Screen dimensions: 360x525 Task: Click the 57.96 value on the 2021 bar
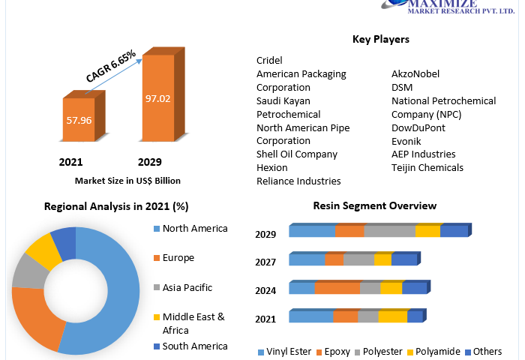point(78,120)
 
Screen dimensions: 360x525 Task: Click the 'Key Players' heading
point(380,39)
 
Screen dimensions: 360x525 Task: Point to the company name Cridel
point(269,61)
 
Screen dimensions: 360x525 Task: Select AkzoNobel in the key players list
point(415,74)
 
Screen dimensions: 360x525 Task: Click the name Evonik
point(406,141)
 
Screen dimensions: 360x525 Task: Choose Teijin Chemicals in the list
point(427,167)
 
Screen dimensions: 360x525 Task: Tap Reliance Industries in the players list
point(298,181)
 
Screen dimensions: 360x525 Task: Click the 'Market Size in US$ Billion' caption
point(127,181)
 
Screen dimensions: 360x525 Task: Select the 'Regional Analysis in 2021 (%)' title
point(116,206)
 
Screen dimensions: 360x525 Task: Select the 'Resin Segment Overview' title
point(374,205)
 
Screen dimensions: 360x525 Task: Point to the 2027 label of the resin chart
point(265,262)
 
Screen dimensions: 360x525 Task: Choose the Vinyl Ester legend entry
point(287,352)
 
